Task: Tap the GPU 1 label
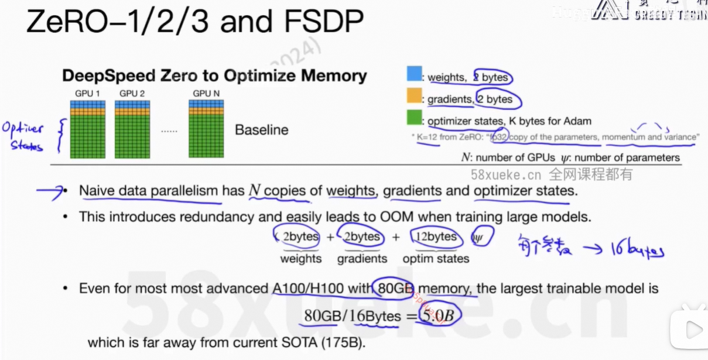(x=87, y=93)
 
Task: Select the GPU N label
(x=206, y=93)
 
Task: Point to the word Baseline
(x=261, y=129)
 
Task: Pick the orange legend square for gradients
(x=414, y=95)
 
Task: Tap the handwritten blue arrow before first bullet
(x=50, y=190)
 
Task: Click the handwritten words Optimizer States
(x=23, y=136)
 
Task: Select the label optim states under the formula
(x=436, y=258)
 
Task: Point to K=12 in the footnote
(x=428, y=137)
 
